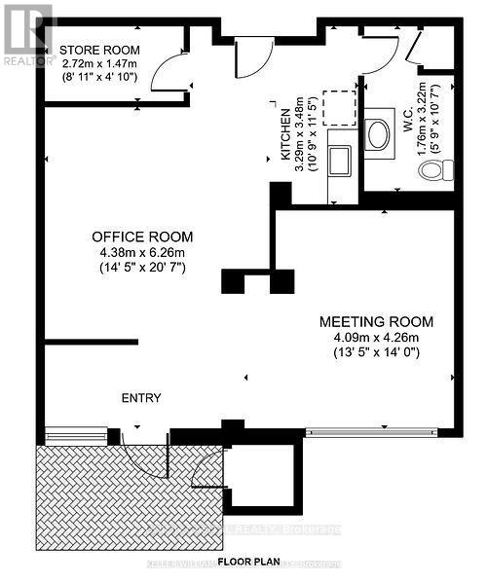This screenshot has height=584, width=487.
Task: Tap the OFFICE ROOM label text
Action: tap(142, 237)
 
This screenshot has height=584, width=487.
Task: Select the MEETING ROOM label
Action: tap(377, 322)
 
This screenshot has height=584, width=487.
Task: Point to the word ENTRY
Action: tap(141, 398)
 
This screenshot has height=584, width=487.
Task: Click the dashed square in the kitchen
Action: tap(338, 106)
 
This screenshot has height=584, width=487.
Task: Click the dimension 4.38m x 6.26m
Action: tap(142, 253)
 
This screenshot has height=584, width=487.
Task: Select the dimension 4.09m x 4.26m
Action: tap(377, 339)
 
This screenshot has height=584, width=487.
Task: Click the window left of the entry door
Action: tap(76, 433)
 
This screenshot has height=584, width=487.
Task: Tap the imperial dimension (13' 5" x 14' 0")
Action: tap(377, 354)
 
